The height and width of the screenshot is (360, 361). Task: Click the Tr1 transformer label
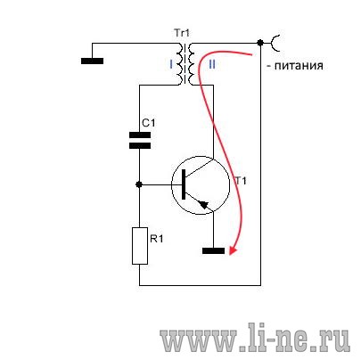(182, 33)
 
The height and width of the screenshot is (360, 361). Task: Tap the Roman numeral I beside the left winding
(171, 64)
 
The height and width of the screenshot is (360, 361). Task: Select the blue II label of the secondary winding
(212, 64)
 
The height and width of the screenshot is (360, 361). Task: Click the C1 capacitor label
(148, 123)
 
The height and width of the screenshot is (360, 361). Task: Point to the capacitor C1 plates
(140, 141)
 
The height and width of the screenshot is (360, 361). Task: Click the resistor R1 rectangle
(140, 246)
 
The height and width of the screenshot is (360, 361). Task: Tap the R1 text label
(157, 238)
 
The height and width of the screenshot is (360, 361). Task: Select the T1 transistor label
(241, 180)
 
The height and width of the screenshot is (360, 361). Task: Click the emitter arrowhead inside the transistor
(203, 205)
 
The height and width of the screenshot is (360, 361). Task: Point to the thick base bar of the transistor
(184, 184)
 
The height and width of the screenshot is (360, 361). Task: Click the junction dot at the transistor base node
(139, 184)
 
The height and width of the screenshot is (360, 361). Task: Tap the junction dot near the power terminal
(260, 43)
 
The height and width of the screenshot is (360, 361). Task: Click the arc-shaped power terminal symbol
(274, 43)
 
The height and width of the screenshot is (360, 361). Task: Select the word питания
(299, 65)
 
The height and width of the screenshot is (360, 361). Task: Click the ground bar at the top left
(92, 61)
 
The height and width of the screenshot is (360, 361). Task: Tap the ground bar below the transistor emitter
(213, 251)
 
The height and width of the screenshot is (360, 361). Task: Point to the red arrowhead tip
(231, 255)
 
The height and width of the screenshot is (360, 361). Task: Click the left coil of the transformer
(180, 64)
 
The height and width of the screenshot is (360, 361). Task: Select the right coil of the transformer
(192, 64)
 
